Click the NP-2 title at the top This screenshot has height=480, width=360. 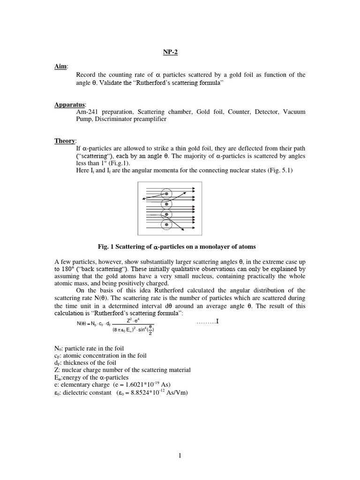(171, 52)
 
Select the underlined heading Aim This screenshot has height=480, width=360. (60, 67)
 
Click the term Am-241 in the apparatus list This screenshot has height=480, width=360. (88, 112)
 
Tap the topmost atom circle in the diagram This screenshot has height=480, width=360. (166, 193)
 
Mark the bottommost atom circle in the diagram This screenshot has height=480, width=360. (166, 225)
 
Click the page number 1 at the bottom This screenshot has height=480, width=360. (180, 456)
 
